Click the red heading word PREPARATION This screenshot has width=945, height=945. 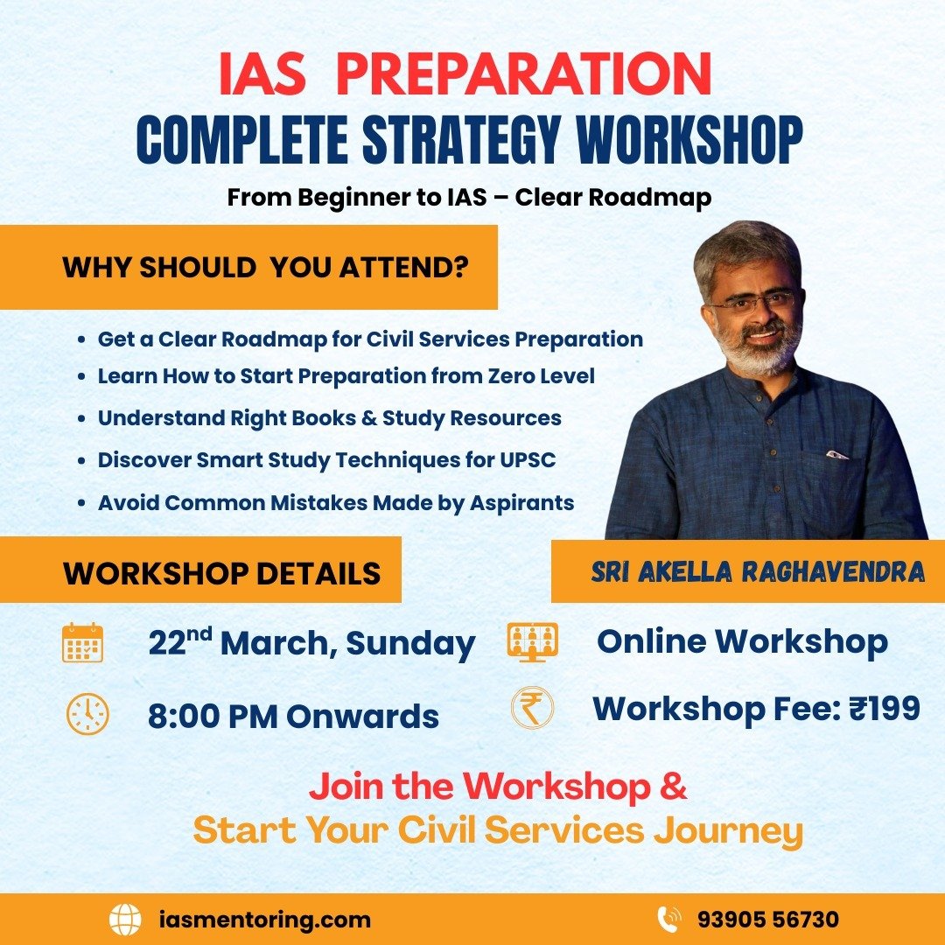click(523, 76)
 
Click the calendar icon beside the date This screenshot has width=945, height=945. click(83, 643)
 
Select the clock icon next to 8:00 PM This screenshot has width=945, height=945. click(87, 714)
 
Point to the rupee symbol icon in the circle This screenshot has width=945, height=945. click(532, 708)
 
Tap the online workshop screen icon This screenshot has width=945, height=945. click(532, 642)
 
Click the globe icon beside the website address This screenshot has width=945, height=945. click(125, 920)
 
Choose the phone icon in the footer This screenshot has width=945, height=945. click(668, 920)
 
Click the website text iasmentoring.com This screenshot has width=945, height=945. click(265, 920)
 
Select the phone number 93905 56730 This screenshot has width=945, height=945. click(768, 920)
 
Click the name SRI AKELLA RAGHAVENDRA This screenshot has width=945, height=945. click(758, 572)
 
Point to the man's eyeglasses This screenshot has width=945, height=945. click(754, 303)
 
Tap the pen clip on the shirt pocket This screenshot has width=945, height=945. click(837, 454)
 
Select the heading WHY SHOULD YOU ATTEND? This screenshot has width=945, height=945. click(264, 268)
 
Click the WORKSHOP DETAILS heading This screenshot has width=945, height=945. click(222, 573)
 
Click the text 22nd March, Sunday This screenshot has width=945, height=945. click(311, 643)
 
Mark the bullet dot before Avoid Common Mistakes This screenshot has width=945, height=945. click(81, 504)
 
